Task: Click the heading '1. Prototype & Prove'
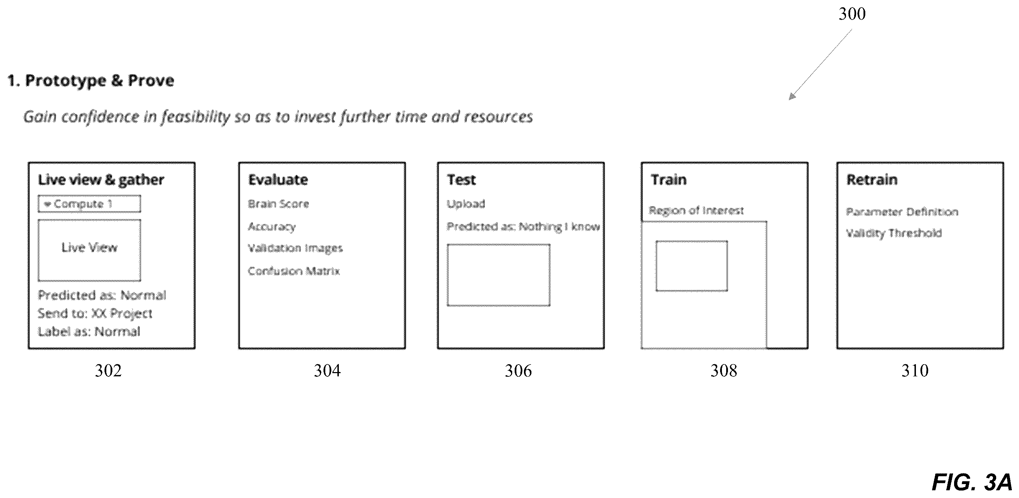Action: click(91, 81)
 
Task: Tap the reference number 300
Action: click(852, 14)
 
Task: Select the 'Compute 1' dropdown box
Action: click(90, 204)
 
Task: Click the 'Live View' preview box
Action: click(90, 250)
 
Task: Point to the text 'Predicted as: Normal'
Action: click(102, 295)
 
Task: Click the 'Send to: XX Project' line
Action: click(95, 314)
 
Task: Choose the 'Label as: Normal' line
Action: click(89, 331)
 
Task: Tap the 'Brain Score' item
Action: click(278, 204)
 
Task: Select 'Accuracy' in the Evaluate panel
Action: click(272, 227)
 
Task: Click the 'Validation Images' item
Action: click(295, 248)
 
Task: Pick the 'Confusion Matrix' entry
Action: click(294, 271)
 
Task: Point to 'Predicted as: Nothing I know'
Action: click(523, 227)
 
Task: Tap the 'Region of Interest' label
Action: click(696, 211)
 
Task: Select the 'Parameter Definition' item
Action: click(902, 212)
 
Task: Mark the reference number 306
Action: click(518, 371)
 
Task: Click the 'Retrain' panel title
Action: click(872, 180)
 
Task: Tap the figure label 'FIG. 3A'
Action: click(972, 483)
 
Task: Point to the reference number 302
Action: click(108, 371)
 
